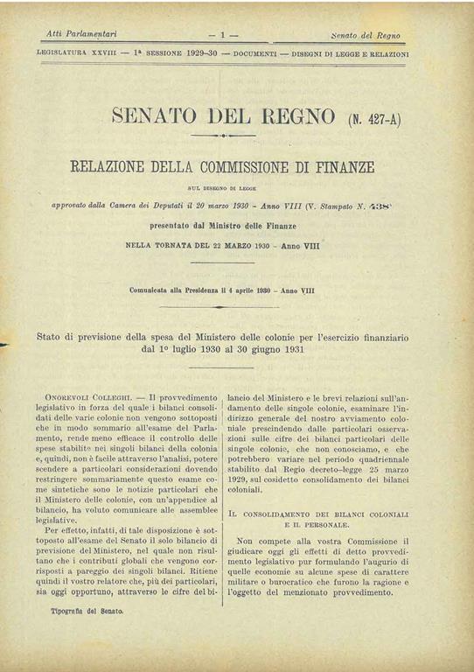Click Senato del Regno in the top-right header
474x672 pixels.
coord(366,34)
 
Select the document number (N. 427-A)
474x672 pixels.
coord(375,117)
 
